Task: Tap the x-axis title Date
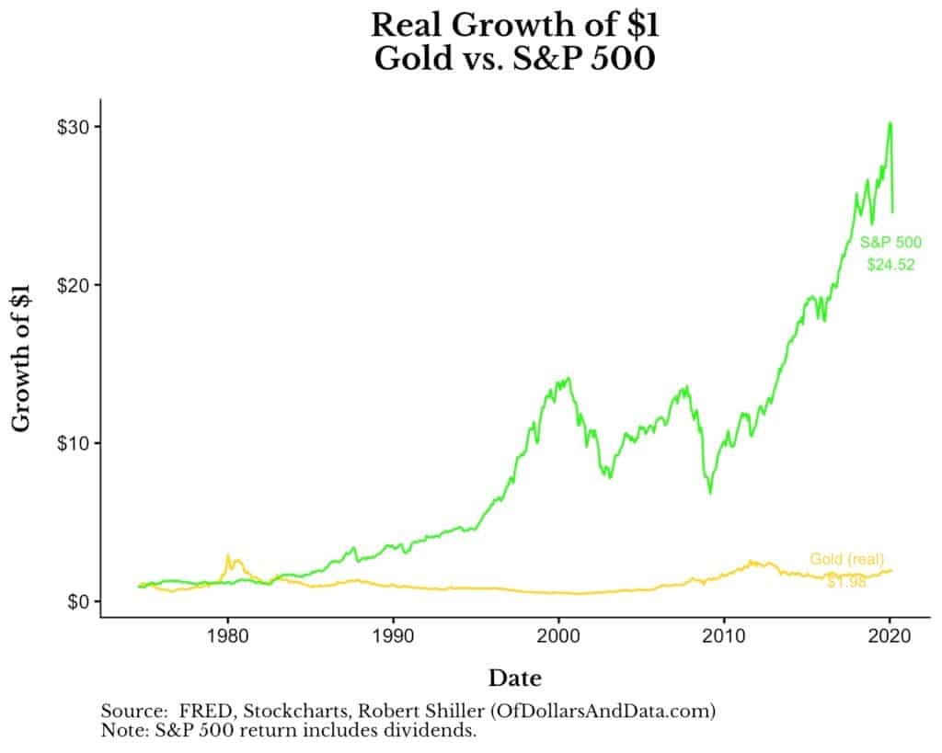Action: click(515, 679)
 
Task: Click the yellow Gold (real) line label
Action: click(847, 560)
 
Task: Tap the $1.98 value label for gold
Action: click(846, 581)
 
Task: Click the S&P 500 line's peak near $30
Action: click(890, 123)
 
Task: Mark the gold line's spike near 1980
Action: click(227, 555)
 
